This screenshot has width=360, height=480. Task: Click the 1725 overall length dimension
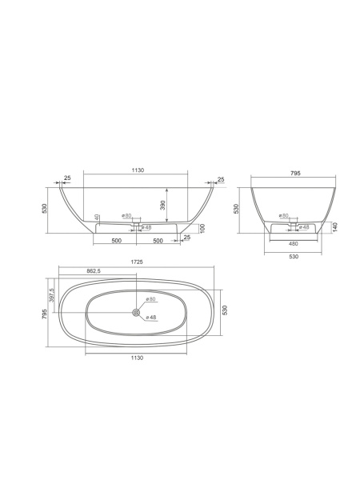[137, 262]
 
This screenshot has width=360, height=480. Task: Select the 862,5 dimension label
[94, 271]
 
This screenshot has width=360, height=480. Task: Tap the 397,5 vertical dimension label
[52, 295]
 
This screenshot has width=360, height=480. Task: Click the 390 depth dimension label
[163, 205]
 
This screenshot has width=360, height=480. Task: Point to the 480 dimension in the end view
[294, 244]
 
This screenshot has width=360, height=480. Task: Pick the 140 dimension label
[335, 227]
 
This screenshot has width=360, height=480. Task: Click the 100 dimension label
[202, 228]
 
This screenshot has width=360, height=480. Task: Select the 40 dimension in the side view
[97, 218]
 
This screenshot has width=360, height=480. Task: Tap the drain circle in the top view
[136, 313]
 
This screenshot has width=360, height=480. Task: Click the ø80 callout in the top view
[150, 298]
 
